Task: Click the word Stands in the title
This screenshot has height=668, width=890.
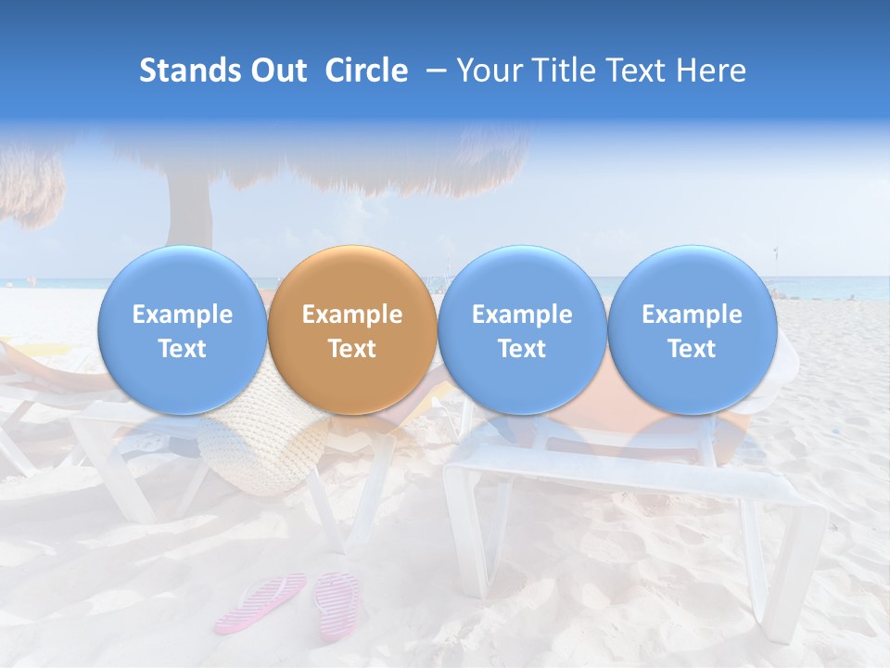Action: [191, 71]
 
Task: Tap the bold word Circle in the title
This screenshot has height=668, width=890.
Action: [366, 71]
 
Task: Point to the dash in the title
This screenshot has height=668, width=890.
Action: [433, 71]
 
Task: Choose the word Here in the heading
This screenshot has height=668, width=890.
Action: [711, 71]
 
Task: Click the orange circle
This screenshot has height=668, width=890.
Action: [351, 330]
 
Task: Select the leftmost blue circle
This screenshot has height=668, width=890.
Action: [182, 330]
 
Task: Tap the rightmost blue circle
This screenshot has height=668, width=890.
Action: [692, 330]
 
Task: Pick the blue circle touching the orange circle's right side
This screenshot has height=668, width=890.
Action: [522, 330]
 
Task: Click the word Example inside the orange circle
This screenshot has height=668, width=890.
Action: [351, 315]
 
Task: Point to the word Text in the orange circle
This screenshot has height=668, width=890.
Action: [351, 349]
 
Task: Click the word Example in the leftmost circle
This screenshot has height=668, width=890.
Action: [182, 315]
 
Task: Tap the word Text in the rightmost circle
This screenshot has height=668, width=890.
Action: [692, 349]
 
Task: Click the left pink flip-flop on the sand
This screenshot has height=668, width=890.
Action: [262, 601]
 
